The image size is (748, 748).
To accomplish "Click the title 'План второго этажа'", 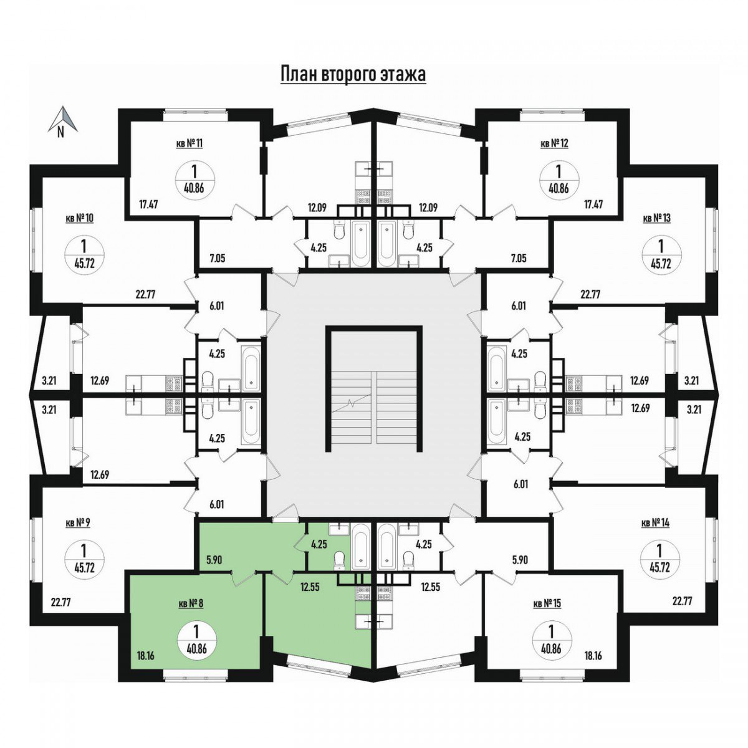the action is click(x=353, y=75).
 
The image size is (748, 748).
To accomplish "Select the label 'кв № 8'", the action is click(x=191, y=603).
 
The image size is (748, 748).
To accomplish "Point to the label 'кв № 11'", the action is click(x=189, y=143).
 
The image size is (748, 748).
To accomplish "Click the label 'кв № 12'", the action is click(x=554, y=143).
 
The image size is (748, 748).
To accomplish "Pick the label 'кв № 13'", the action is click(x=656, y=218).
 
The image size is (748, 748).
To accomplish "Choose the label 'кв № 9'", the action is click(x=78, y=523).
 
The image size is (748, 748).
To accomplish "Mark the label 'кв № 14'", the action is click(x=655, y=523).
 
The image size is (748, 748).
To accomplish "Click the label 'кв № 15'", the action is click(x=547, y=603).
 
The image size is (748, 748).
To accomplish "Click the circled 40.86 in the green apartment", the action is click(x=196, y=640).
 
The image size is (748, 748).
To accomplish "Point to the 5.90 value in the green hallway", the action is click(x=213, y=560).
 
